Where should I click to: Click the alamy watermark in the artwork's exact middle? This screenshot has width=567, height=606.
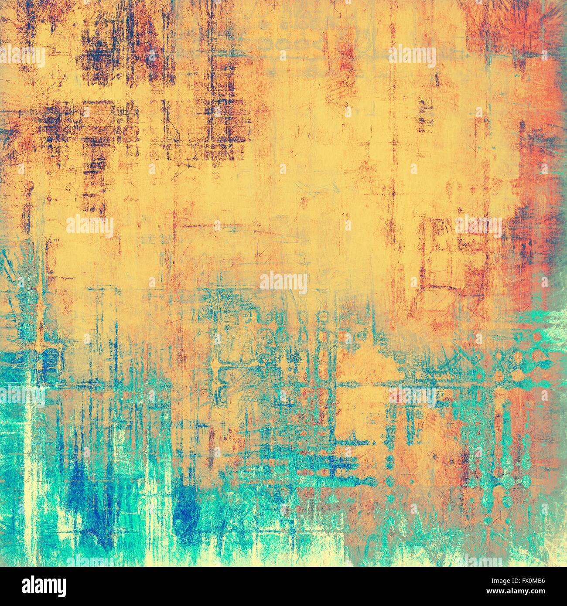coord(283,283)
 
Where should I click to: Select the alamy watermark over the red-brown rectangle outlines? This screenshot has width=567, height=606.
coord(478,226)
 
